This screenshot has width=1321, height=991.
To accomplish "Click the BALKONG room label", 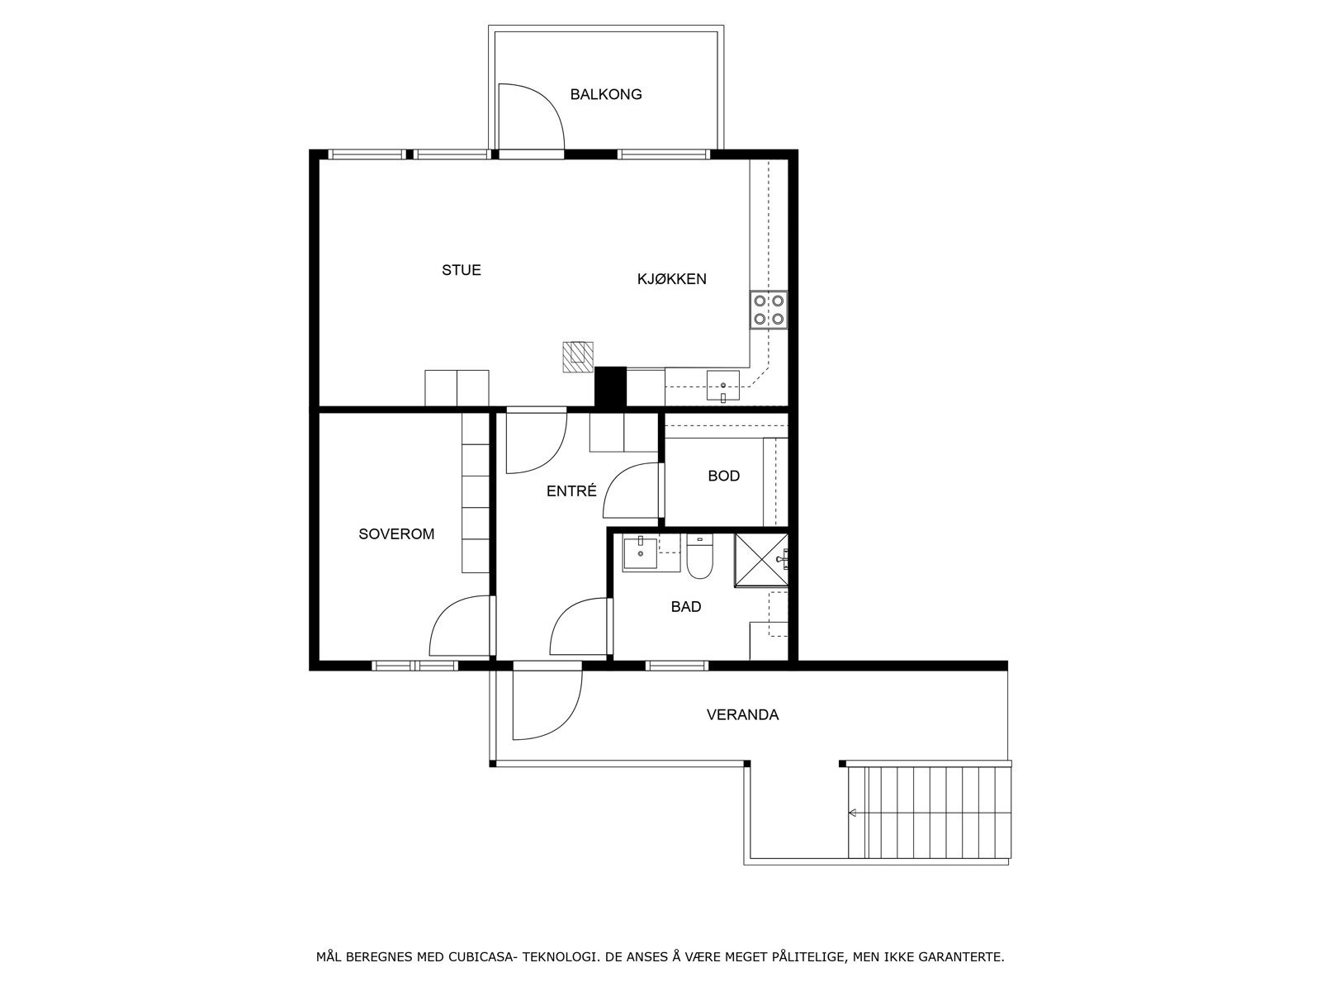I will pyautogui.click(x=605, y=94).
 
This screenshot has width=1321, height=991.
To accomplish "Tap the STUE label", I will pyautogui.click(x=461, y=270).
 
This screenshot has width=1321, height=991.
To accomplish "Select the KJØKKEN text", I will pyautogui.click(x=671, y=279).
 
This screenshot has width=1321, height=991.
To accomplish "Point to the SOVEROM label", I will pyautogui.click(x=396, y=534).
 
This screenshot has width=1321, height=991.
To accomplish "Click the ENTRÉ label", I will pyautogui.click(x=571, y=491).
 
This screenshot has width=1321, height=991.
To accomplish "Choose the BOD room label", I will pyautogui.click(x=723, y=476).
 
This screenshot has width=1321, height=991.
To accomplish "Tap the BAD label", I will pyautogui.click(x=685, y=607).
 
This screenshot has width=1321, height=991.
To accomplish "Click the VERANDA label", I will pyautogui.click(x=742, y=715).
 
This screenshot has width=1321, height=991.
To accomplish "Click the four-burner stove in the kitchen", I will pyautogui.click(x=768, y=310).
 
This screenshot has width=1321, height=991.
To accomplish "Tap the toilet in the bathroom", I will pyautogui.click(x=699, y=557).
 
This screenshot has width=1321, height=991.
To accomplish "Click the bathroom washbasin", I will pyautogui.click(x=640, y=552).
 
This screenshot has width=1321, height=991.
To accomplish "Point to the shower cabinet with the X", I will pyautogui.click(x=760, y=561).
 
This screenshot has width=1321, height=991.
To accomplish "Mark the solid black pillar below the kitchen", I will pyautogui.click(x=611, y=386).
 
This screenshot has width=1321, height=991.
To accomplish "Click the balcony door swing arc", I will pyautogui.click(x=533, y=116).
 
